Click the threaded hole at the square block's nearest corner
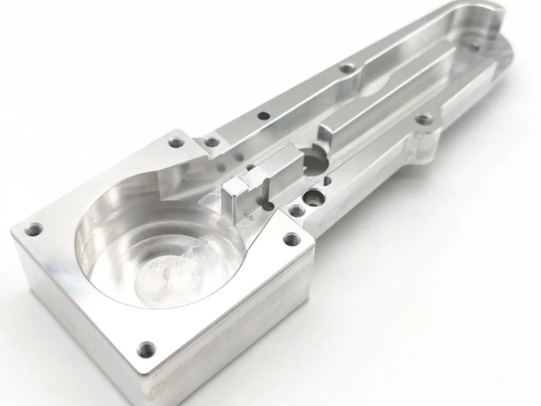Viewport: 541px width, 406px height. tap(146, 349)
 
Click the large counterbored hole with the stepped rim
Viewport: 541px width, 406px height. tap(312, 198)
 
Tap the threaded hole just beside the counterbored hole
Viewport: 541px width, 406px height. tap(296, 212)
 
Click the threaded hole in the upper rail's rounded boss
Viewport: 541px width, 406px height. tap(348, 68)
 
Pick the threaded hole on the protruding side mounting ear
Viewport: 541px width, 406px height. tap(423, 120)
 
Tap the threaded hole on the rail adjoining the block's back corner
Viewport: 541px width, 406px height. tap(212, 141)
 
